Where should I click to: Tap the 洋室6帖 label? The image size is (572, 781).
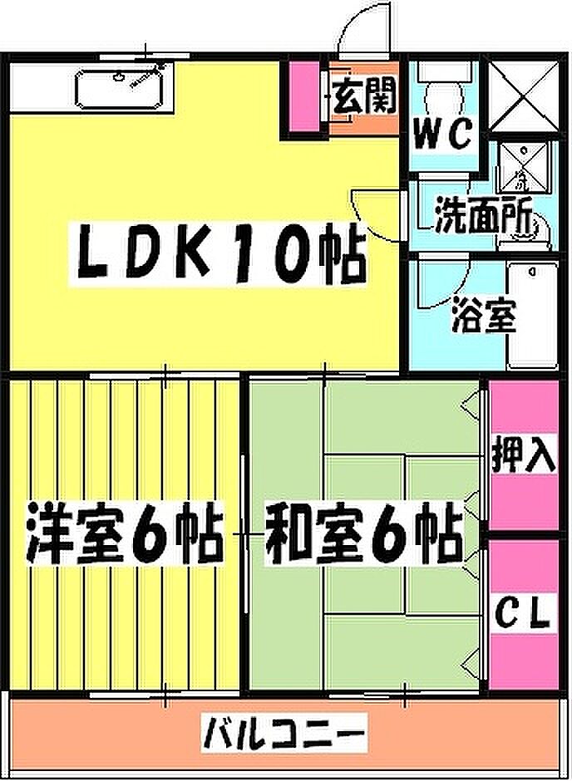point(123,536)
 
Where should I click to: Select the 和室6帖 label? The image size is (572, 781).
point(363,536)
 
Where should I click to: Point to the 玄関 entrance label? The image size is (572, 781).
point(364,98)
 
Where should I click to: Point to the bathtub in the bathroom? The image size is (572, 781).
point(531,316)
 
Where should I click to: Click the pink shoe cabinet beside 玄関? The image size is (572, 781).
point(305,98)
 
